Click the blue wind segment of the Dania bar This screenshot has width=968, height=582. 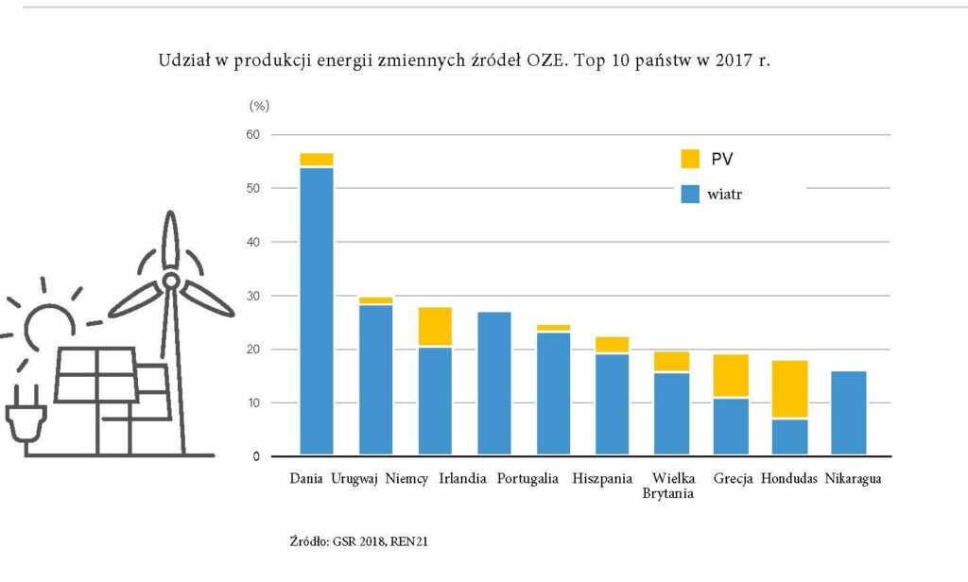[316, 312]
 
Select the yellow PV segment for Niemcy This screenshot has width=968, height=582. [435, 327]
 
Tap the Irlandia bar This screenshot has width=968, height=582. [493, 384]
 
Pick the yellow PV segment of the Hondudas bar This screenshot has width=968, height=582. [789, 389]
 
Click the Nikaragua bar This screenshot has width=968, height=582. [849, 414]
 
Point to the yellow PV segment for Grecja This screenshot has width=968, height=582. [731, 375]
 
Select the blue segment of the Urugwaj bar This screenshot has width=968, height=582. [375, 380]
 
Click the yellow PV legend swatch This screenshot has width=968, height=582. [690, 159]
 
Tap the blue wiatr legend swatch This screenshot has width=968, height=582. [690, 195]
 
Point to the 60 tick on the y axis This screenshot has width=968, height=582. [253, 134]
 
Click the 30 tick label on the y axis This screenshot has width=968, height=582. [253, 297]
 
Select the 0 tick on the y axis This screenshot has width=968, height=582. [256, 456]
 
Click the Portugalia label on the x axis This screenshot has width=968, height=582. [527, 479]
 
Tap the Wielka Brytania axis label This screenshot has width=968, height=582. [668, 486]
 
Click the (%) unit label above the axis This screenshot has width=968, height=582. [259, 106]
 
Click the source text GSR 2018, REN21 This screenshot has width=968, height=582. [380, 542]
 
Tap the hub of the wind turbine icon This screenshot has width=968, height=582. [170, 282]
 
